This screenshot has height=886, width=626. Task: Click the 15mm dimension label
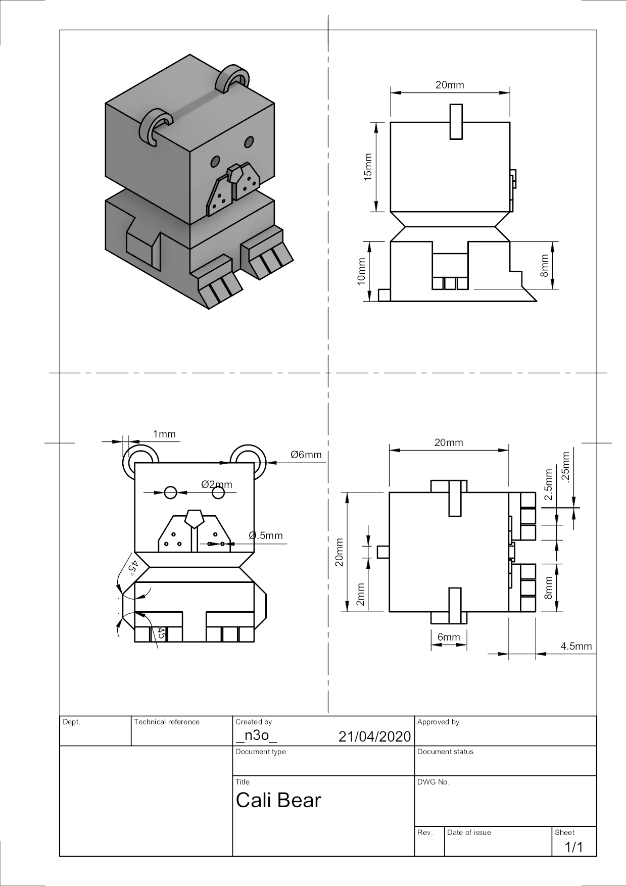368,167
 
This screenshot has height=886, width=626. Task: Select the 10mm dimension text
361,271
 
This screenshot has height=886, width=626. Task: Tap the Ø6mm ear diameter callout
306,455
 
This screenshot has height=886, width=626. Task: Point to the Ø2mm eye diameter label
217,484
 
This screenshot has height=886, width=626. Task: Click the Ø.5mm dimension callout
266,535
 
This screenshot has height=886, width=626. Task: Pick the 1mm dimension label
164,434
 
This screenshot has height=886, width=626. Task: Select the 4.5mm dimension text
576,646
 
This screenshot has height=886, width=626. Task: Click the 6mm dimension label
449,637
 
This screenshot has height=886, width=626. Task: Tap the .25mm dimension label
565,467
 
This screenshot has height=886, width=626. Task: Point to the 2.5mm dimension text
549,484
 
